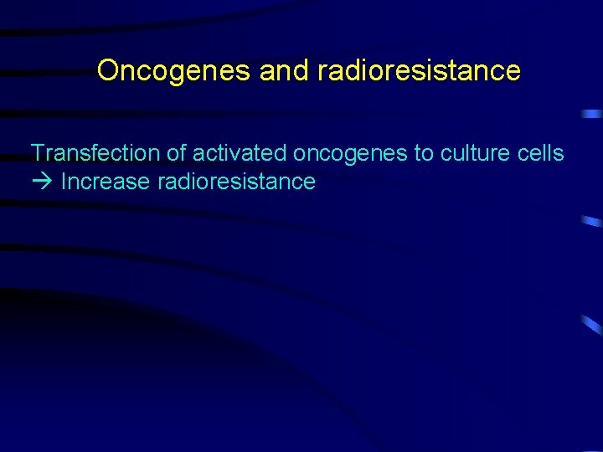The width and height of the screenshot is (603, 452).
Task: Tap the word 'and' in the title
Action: (285, 71)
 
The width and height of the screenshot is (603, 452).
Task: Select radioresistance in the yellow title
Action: (419, 71)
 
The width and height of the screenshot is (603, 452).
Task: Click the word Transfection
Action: (95, 153)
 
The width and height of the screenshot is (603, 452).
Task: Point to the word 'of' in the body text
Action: (176, 153)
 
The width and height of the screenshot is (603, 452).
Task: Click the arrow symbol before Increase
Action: (42, 182)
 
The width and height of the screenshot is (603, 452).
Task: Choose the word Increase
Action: (106, 182)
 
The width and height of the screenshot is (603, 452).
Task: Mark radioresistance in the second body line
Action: (236, 182)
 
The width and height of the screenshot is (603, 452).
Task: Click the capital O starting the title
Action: (106, 71)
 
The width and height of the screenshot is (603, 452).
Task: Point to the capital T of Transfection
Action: (37, 153)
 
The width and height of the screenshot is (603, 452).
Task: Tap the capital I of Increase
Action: (64, 182)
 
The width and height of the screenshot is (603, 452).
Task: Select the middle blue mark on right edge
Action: (591, 222)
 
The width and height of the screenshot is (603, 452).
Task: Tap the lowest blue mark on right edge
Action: (591, 325)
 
